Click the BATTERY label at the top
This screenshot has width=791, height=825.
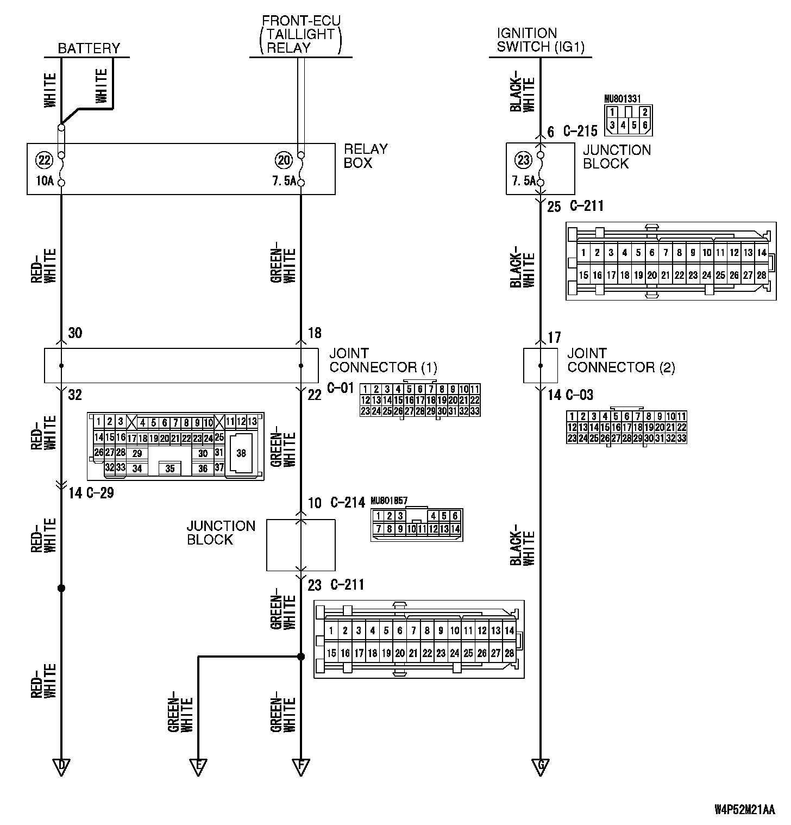pyautogui.click(x=89, y=48)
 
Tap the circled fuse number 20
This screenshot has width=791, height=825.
pyautogui.click(x=284, y=160)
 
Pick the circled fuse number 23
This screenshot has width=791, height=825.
pyautogui.click(x=523, y=160)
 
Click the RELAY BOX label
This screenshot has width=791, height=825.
pyautogui.click(x=366, y=156)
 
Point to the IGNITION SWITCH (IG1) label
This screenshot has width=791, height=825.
pyautogui.click(x=541, y=40)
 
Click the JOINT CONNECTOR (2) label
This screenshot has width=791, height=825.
pyautogui.click(x=621, y=360)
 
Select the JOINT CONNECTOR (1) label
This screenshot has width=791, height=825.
pyautogui.click(x=383, y=360)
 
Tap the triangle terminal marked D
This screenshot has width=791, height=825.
pyautogui.click(x=61, y=767)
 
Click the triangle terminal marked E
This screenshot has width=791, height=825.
pyautogui.click(x=198, y=767)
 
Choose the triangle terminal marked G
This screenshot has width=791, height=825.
pyautogui.click(x=541, y=767)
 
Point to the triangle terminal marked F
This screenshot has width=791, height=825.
pyautogui.click(x=300, y=767)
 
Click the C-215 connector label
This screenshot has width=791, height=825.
pyautogui.click(x=580, y=131)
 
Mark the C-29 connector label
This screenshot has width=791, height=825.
pyautogui.click(x=99, y=493)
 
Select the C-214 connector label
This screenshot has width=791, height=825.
pyautogui.click(x=348, y=503)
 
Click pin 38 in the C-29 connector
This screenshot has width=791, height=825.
pyautogui.click(x=241, y=453)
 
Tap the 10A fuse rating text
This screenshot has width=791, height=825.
pyautogui.click(x=45, y=181)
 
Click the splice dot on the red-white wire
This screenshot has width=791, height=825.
pyautogui.click(x=61, y=588)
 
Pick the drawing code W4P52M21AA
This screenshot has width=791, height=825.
pyautogui.click(x=744, y=810)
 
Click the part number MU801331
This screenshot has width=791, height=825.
pyautogui.click(x=623, y=99)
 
